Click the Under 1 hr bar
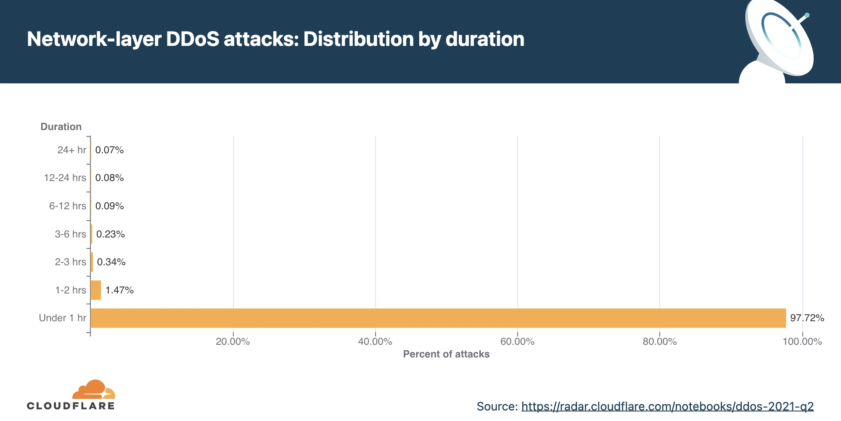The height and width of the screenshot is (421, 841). coord(437,318)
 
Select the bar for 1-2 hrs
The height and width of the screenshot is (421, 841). coord(96,290)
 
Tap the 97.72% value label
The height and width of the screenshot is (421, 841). coord(807,318)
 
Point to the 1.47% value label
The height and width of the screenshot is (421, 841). coord(119,290)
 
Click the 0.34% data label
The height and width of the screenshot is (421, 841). coord(111,262)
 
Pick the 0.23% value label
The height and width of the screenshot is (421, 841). coord(110,234)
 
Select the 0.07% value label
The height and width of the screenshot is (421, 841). coord(109,150)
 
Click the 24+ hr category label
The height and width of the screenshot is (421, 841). coord(71,150)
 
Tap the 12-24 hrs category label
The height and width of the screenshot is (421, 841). coord(65,178)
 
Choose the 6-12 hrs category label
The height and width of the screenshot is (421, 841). coord(67,206)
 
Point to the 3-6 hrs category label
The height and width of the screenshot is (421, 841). coord(70,234)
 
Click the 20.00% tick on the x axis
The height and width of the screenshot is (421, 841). coord(233,341)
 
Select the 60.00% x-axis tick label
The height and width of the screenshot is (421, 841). coord(517,341)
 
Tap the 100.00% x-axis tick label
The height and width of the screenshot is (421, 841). coord(802,341)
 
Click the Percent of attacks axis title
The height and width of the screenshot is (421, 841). coord(446,354)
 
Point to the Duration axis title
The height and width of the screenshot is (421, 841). coord(61,127)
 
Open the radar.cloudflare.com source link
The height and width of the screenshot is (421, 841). coord(667,406)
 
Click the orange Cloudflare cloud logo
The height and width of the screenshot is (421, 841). coord(93,389)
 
